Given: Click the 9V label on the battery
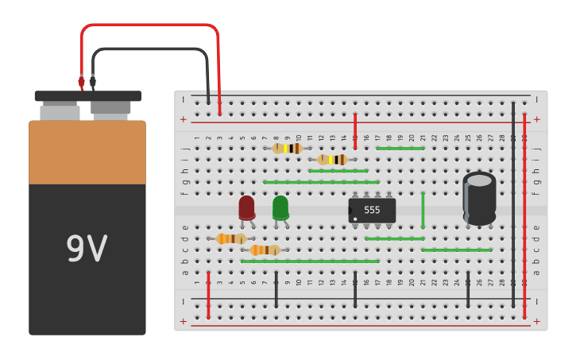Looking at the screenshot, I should (87, 250).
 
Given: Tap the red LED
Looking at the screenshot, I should (246, 207).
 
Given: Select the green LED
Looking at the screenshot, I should (280, 207).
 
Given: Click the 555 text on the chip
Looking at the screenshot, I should (372, 210).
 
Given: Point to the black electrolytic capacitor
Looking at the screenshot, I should (479, 200).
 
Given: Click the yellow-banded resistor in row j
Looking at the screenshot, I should (287, 148).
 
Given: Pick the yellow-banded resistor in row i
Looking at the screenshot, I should (332, 160).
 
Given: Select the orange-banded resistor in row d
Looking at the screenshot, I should (230, 238).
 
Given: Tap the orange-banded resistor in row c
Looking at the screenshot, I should (265, 250).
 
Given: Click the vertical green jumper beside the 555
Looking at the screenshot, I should (423, 210).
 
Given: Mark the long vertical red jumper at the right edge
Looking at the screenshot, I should (524, 215).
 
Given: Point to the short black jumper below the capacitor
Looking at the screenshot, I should (468, 289).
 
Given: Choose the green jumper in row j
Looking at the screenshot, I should (400, 149).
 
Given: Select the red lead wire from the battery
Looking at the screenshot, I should (151, 25).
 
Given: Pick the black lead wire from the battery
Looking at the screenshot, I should (151, 49).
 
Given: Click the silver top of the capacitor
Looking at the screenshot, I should (479, 180).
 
